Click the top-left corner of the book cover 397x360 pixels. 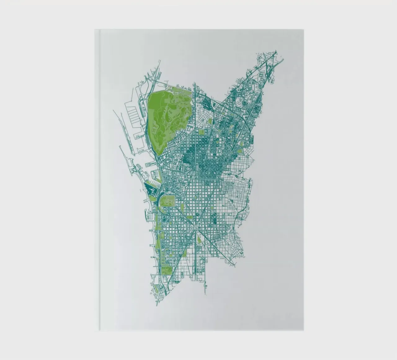coord(95,30)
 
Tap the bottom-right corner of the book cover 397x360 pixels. coord(303,330)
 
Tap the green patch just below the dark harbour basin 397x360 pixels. coord(152,199)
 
